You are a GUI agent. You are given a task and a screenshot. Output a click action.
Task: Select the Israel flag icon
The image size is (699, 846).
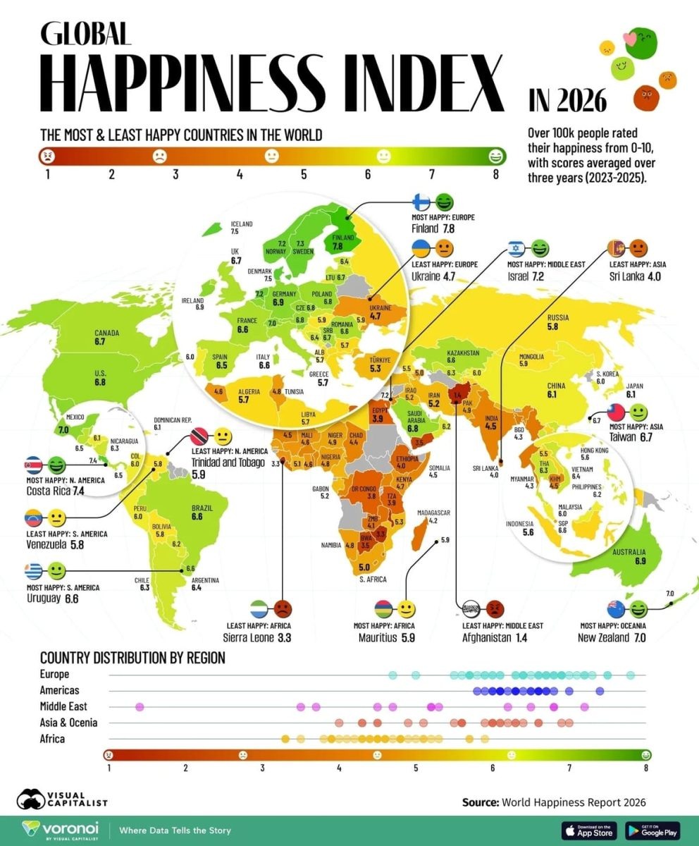click(x=517, y=249)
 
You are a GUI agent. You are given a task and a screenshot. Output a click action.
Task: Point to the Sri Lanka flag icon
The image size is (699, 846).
click(x=617, y=249)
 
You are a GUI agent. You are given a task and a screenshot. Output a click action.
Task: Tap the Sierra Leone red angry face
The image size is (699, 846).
click(x=282, y=608)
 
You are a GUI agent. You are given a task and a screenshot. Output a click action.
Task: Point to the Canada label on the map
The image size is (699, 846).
click(x=106, y=333)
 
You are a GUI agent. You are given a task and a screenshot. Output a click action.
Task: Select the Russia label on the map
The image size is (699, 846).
click(x=557, y=318)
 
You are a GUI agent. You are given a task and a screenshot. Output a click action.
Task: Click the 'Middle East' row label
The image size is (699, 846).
click(x=63, y=706)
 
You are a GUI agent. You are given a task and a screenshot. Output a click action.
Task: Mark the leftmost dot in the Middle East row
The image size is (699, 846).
click(x=139, y=706)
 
